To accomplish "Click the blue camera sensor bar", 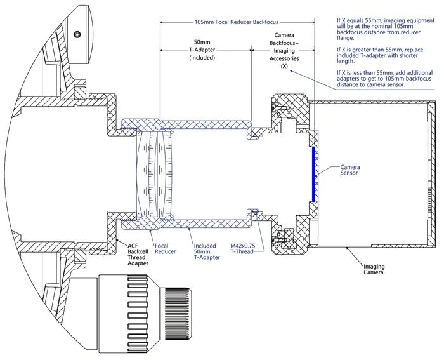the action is click(x=313, y=174).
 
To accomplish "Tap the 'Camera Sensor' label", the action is click(x=350, y=170).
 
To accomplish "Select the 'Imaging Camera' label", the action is click(x=374, y=269).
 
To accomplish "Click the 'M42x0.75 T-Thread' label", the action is click(x=242, y=249).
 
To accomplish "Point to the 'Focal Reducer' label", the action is click(x=165, y=249).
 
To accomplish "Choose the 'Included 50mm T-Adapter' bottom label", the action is click(x=207, y=251).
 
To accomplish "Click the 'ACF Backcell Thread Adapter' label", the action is click(x=138, y=255).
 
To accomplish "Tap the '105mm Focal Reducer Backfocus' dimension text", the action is click(x=237, y=22).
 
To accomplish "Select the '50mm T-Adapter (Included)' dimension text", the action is click(x=202, y=50).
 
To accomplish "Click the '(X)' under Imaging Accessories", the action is click(x=284, y=66).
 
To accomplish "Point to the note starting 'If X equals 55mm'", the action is click(x=386, y=29).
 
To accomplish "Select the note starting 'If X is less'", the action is click(x=384, y=79).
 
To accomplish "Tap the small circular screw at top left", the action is click(x=77, y=34).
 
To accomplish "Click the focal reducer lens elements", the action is click(x=155, y=174).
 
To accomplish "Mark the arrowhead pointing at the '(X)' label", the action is click(x=291, y=71).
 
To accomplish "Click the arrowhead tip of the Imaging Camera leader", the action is click(x=348, y=248).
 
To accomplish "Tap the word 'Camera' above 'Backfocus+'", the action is click(x=284, y=35).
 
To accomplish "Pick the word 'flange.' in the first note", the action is click(x=345, y=38).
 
